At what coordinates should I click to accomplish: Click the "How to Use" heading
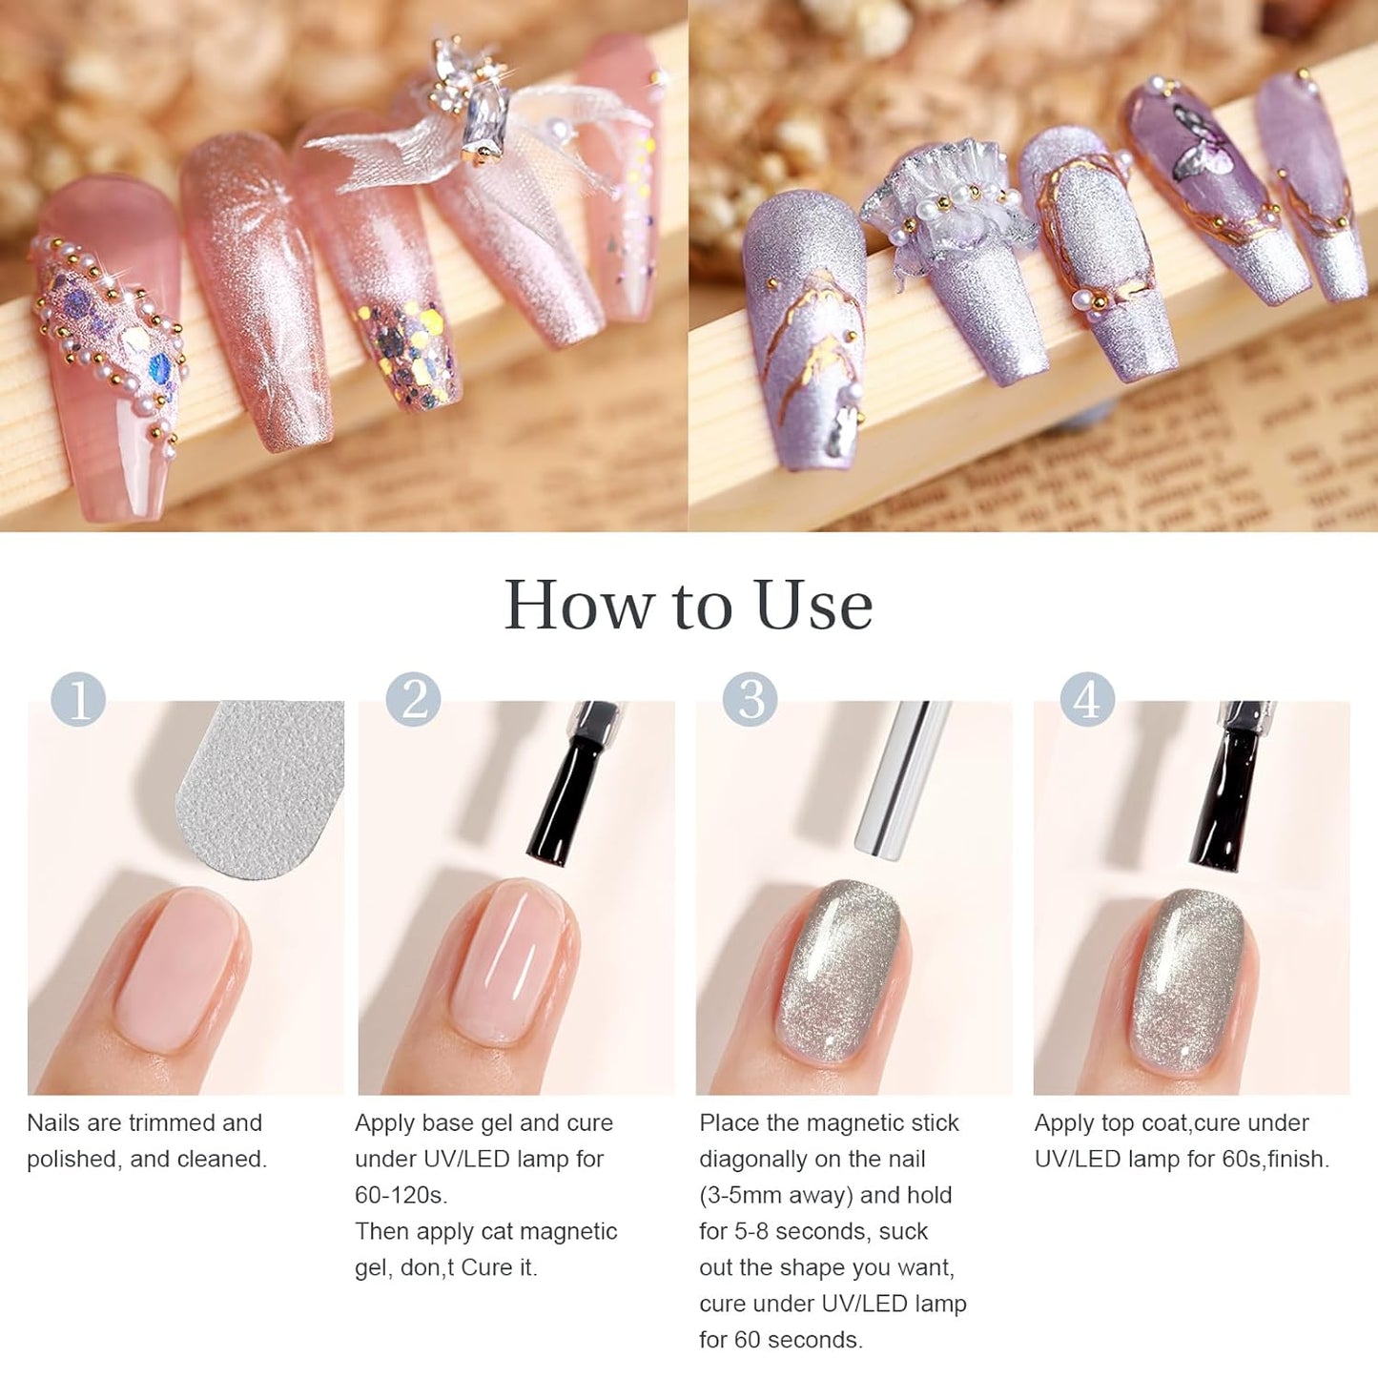coord(688,605)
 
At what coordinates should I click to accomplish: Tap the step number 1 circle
coord(78,699)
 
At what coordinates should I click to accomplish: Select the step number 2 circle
coord(413,699)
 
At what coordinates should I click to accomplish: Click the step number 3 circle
coord(751,699)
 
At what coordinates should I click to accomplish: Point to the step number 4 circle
coord(1087,699)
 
